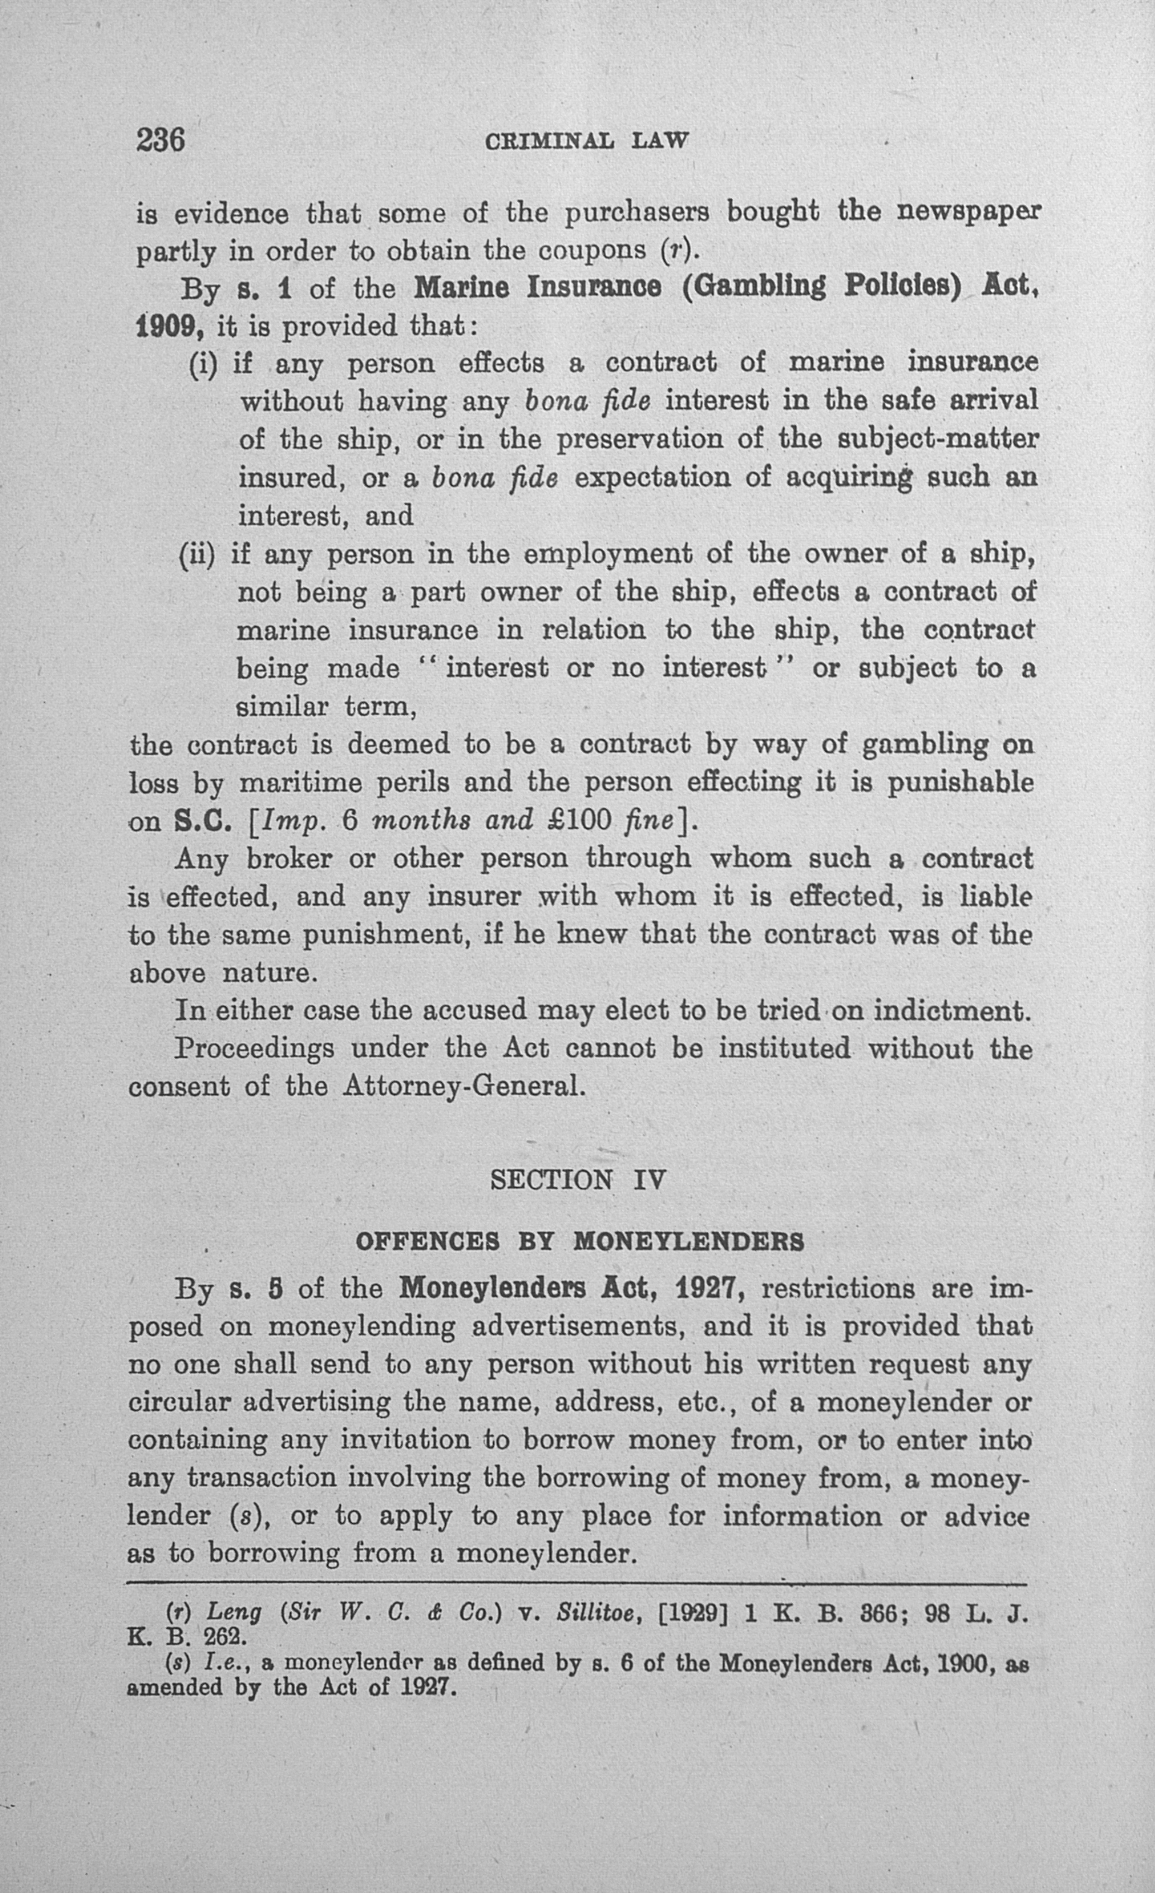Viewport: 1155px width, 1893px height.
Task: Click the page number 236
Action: tap(161, 140)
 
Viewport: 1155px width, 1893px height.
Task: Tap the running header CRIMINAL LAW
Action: tap(587, 141)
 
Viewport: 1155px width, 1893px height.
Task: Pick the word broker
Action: tap(289, 858)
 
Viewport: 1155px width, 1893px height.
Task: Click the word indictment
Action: tap(952, 1011)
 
